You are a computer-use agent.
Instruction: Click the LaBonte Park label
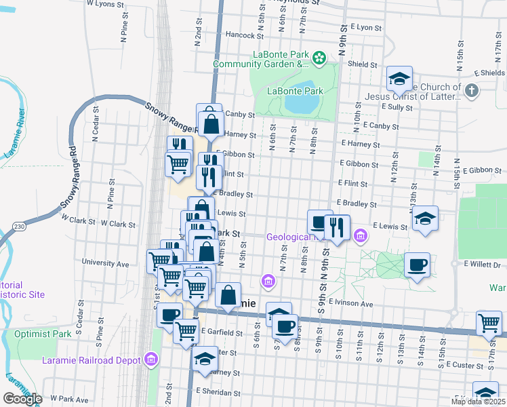tap(295, 91)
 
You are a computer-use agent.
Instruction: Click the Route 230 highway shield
tap(19, 226)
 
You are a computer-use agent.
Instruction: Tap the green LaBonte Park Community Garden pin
tap(319, 59)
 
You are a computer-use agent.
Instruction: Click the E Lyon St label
tap(367, 27)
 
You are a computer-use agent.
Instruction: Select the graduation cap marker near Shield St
tap(400, 79)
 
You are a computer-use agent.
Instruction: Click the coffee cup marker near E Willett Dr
tap(418, 263)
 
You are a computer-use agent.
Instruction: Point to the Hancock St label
tap(244, 35)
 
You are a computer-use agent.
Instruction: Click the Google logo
tap(22, 399)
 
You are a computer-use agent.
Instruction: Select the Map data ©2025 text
tap(478, 402)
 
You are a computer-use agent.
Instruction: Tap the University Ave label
tap(105, 263)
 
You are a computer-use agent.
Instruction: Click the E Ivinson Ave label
tap(351, 303)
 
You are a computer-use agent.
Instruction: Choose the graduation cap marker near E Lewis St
tap(424, 218)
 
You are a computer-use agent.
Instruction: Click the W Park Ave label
tap(69, 400)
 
